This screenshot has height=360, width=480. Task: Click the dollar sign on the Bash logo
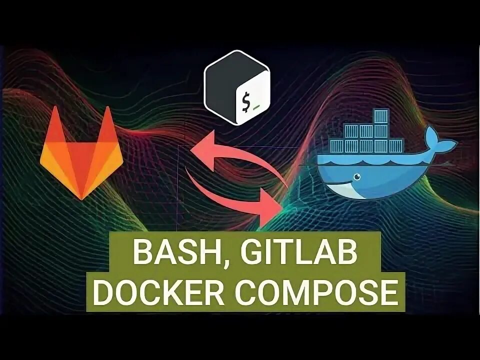(x=245, y=102)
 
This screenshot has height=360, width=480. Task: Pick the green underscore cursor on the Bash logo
(x=256, y=106)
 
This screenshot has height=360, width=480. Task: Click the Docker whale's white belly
(x=350, y=188)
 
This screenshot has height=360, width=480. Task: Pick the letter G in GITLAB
(x=246, y=254)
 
